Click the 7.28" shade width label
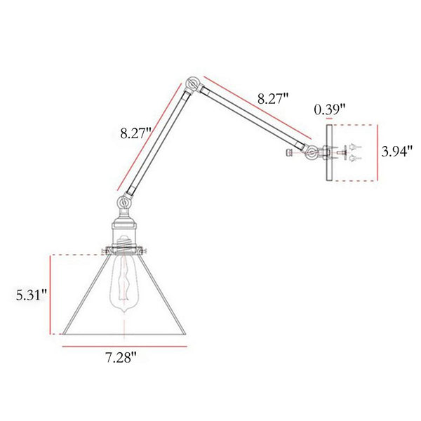pos(121,357)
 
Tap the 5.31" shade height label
pos(32,295)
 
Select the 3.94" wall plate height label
pos(397,152)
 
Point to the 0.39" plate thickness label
pos(330,109)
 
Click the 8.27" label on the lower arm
pos(136,133)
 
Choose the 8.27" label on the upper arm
pos(273,98)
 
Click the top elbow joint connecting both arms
pos(193,84)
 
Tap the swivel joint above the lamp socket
pos(123,202)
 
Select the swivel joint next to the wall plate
pos(312,153)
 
